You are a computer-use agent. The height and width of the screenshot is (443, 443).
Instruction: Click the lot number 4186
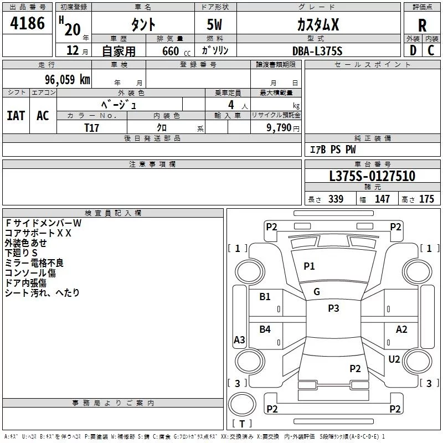(x=28, y=23)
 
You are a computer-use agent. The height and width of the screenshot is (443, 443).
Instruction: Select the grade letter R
(x=422, y=25)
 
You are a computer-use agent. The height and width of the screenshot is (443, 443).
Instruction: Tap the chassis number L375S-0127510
(x=372, y=177)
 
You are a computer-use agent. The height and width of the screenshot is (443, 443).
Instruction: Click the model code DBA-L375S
(x=317, y=51)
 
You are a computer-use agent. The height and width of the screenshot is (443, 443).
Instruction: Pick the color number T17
(x=91, y=127)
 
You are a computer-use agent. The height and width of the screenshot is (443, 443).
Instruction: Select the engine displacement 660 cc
(x=168, y=51)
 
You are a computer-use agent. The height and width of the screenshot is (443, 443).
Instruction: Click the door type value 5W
(x=215, y=25)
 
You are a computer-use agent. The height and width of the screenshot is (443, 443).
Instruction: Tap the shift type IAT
(x=16, y=115)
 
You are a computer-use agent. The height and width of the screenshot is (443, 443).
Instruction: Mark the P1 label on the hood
(x=309, y=266)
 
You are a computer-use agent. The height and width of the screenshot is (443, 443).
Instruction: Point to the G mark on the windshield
(x=317, y=292)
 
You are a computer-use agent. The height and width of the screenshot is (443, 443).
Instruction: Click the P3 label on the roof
(x=333, y=308)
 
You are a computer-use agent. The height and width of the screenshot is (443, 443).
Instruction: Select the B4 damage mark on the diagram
(x=265, y=329)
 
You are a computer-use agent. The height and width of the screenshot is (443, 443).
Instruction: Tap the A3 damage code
(x=239, y=340)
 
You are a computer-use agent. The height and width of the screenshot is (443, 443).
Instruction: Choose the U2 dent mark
(x=394, y=359)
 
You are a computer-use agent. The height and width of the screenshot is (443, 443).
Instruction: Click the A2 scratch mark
(x=401, y=329)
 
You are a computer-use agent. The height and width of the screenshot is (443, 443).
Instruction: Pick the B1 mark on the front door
(x=265, y=297)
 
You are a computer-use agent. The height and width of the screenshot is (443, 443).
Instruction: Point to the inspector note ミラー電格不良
(x=34, y=262)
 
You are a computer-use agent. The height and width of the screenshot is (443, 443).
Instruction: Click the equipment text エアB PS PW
(x=332, y=150)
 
